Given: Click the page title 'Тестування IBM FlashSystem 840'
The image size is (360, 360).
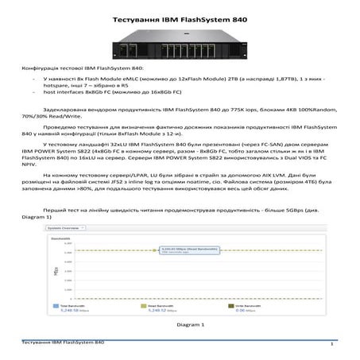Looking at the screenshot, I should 179,17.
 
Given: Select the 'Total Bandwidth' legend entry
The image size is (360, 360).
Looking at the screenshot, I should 71,304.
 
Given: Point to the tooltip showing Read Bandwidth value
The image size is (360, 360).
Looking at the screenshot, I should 183,248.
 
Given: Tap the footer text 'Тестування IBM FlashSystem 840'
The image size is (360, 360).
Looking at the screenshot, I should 63,342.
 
